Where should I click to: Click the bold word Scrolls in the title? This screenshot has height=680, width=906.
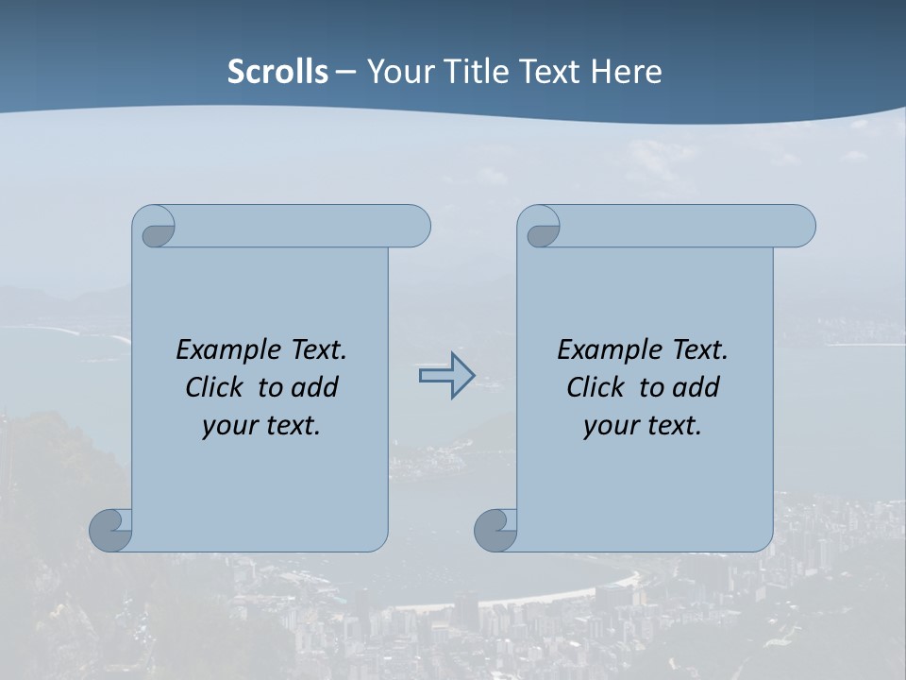tap(277, 72)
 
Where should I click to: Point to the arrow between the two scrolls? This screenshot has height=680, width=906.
tap(446, 376)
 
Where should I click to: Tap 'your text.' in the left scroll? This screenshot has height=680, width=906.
tap(261, 425)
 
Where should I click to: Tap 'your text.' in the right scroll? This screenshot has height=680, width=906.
tap(643, 425)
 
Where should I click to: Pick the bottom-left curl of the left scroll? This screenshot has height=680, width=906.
tap(110, 529)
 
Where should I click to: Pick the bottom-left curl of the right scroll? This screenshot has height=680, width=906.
tap(495, 529)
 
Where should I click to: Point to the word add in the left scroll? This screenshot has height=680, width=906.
tap(315, 387)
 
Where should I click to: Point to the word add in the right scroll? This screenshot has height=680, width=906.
tap(696, 387)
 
